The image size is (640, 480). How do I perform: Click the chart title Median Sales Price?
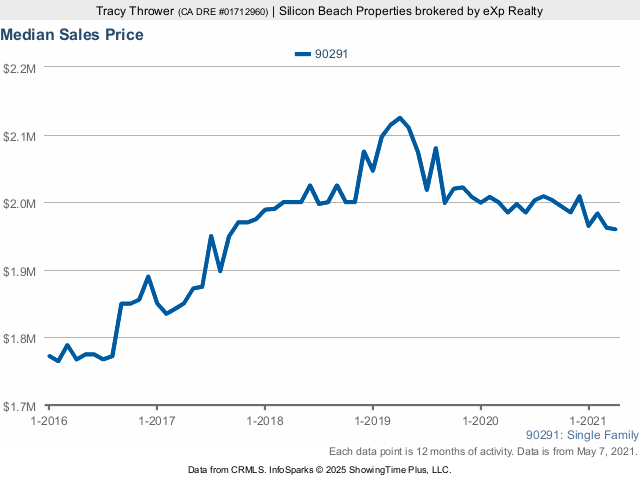(x=72, y=35)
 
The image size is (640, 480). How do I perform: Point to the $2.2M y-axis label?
(x=20, y=68)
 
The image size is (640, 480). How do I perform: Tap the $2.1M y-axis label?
(x=20, y=135)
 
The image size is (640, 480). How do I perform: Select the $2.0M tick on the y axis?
(x=20, y=203)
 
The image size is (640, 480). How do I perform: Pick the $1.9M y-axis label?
(x=20, y=271)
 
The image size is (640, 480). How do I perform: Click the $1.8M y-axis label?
(x=20, y=339)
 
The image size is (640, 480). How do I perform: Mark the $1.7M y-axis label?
(x=20, y=407)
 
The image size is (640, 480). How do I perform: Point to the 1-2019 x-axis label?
(x=373, y=421)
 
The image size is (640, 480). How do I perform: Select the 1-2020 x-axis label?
(x=481, y=421)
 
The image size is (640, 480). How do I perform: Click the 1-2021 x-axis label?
(x=589, y=421)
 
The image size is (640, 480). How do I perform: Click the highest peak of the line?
(x=400, y=118)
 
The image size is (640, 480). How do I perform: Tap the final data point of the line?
(x=615, y=229)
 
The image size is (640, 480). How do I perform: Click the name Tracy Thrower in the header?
(x=135, y=10)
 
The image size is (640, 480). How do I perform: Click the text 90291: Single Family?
(x=581, y=435)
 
